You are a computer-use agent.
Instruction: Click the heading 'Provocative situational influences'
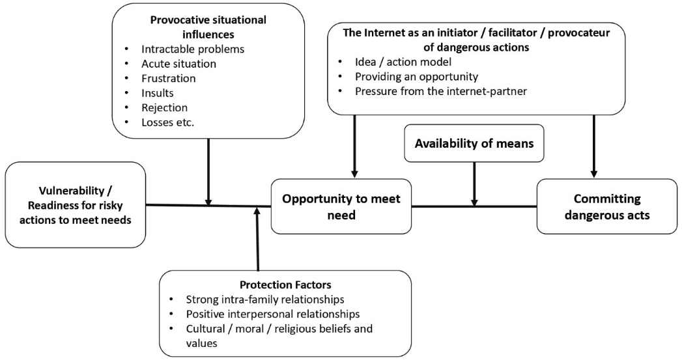point(208,26)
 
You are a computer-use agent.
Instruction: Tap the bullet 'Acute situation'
point(178,64)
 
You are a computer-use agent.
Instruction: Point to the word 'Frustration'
point(168,78)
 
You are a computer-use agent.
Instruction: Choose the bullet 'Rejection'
point(164,107)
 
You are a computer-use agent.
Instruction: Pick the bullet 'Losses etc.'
point(167,122)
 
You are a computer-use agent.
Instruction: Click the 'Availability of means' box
point(474,143)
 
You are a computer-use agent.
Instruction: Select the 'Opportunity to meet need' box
point(341,206)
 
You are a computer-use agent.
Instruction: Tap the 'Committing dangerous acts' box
point(607,206)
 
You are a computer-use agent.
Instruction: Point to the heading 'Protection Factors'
point(286,284)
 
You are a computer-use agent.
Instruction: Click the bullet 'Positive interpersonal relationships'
point(273,314)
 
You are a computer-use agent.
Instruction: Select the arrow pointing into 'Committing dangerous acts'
point(594,146)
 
